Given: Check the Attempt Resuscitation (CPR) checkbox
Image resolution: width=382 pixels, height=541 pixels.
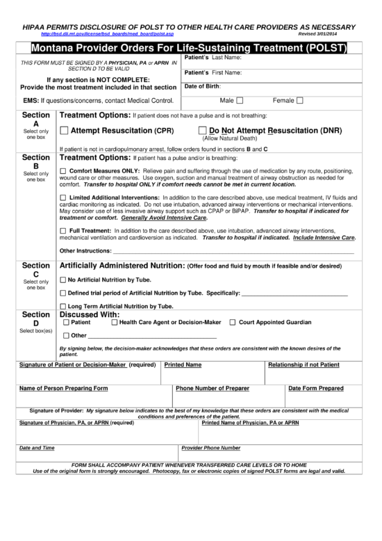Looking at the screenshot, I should click(x=65, y=130).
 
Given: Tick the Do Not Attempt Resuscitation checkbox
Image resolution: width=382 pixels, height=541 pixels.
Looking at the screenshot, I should click(x=202, y=130).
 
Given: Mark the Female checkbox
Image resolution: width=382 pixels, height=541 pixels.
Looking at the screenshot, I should click(x=300, y=101).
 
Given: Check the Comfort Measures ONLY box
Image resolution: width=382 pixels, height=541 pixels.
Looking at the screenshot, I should click(x=65, y=171).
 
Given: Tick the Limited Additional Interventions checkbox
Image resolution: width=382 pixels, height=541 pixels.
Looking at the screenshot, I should click(x=65, y=198).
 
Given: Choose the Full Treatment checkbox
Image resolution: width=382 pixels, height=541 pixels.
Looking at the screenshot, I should click(x=65, y=230).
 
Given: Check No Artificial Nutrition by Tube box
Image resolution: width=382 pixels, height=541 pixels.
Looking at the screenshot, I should click(x=63, y=280).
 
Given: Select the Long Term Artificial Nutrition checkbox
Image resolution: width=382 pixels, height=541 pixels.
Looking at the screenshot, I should click(x=63, y=306).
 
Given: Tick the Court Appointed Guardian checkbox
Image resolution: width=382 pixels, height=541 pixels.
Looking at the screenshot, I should click(x=233, y=323).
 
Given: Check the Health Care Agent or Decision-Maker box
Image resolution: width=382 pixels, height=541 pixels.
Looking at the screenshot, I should click(x=113, y=323).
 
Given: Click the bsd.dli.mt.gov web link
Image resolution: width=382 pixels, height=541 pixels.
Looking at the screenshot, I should click(x=107, y=33).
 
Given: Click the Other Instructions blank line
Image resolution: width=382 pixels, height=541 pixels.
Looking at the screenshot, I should click(x=233, y=252).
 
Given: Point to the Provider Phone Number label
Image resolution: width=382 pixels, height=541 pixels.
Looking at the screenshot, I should click(x=210, y=449).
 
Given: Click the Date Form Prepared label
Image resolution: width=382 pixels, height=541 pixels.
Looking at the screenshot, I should click(x=316, y=388).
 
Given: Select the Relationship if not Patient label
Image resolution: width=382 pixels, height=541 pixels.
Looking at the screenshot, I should click(x=304, y=364).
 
